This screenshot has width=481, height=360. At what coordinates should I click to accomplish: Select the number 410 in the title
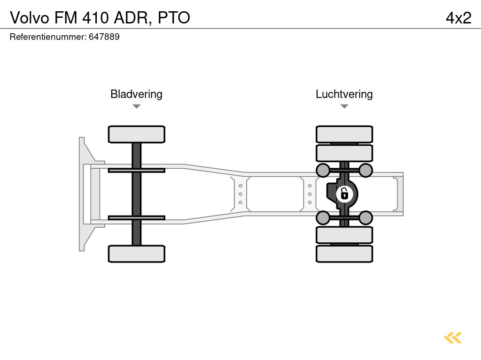(x=97, y=18)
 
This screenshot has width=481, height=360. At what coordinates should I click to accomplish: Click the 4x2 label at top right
(x=458, y=18)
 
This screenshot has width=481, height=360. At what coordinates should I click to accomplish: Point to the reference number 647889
(x=104, y=37)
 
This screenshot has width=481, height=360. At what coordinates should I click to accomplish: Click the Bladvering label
(x=136, y=94)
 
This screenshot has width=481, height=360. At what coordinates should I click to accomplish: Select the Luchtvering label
(x=344, y=94)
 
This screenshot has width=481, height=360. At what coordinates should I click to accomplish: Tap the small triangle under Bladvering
(x=136, y=106)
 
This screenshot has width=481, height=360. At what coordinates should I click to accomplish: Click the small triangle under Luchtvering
(x=344, y=106)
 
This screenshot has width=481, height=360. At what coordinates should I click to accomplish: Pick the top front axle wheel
(x=136, y=134)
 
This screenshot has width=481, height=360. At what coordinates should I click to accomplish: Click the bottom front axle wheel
(x=136, y=254)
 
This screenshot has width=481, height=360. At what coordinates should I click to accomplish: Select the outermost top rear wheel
(x=344, y=134)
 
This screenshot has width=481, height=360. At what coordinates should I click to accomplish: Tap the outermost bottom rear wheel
(x=344, y=254)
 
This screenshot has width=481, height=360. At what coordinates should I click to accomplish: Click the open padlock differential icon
(x=344, y=193)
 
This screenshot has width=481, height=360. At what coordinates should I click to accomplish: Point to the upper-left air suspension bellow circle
(x=323, y=170)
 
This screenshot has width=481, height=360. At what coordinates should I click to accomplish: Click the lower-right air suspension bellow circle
(x=365, y=217)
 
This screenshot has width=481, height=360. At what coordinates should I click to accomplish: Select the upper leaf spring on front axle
(x=136, y=170)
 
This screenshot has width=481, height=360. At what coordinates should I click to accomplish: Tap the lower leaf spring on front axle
(x=136, y=217)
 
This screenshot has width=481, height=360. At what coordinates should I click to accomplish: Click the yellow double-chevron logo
(x=453, y=337)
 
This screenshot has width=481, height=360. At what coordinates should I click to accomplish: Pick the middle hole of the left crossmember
(x=240, y=194)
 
